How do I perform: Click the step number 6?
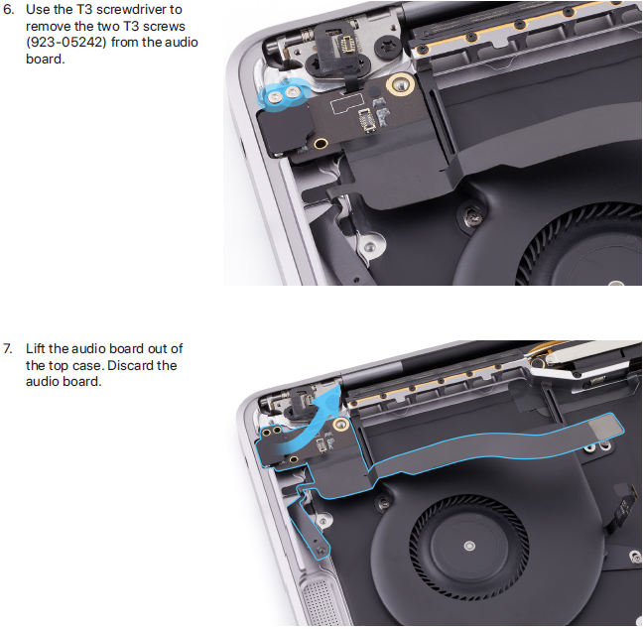[8, 10]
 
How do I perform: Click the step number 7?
[8, 349]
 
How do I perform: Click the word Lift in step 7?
[36, 348]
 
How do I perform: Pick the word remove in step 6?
[48, 26]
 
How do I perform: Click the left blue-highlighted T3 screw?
[274, 96]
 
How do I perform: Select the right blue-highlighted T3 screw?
[292, 93]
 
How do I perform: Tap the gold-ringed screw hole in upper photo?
[399, 84]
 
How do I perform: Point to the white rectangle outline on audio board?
[346, 104]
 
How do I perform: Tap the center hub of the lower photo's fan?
[469, 546]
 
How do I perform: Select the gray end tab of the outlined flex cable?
[606, 431]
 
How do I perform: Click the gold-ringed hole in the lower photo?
[339, 425]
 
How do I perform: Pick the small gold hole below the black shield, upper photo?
[321, 144]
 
